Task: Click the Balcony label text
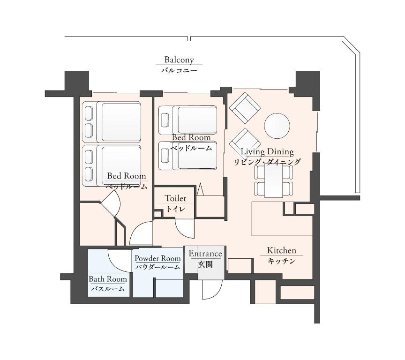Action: pos(179,60)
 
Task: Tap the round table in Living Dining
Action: pos(277,126)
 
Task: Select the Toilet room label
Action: pos(175,198)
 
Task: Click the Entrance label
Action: pos(205,254)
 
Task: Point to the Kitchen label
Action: pos(282,250)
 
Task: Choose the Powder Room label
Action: pos(157,258)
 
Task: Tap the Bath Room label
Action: pos(108,279)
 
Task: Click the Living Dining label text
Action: pos(267,151)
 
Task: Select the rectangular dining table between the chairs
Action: pos(274,180)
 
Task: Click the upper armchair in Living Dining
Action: pos(245,108)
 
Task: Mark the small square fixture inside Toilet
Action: pos(157,214)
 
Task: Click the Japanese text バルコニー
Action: pos(179,70)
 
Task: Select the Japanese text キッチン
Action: pos(281,261)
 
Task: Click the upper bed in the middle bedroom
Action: pos(188,120)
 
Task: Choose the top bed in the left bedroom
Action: pos(112,122)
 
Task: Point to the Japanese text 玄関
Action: pos(205,264)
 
